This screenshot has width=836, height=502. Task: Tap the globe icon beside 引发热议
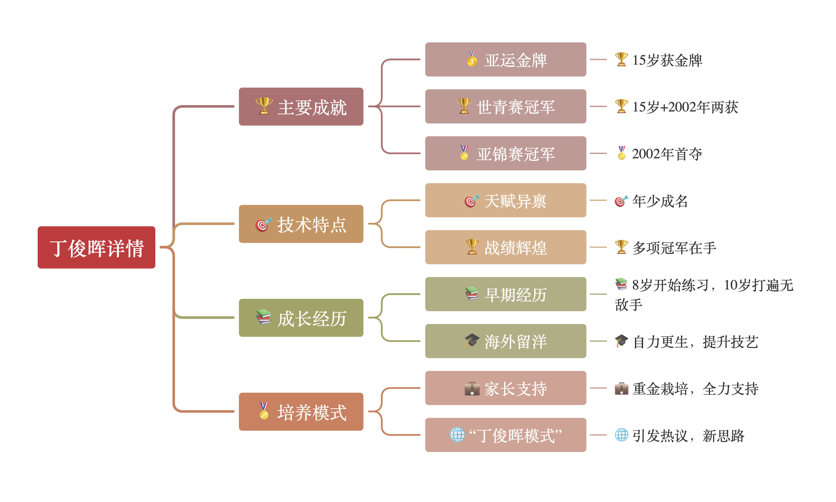pyautogui.click(x=621, y=435)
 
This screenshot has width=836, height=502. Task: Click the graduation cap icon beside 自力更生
pyautogui.click(x=621, y=341)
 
